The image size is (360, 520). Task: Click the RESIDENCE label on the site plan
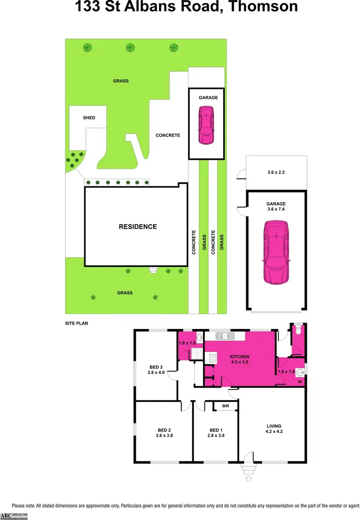click(x=138, y=227)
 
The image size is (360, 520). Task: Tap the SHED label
click(x=89, y=118)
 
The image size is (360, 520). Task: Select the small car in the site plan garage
click(x=206, y=125)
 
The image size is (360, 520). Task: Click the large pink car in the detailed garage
click(x=276, y=252)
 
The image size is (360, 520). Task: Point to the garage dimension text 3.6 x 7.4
click(x=276, y=209)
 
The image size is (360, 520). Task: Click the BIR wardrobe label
click(x=226, y=406)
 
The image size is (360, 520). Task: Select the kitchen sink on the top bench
click(x=224, y=336)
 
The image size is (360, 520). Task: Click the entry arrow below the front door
click(x=248, y=478)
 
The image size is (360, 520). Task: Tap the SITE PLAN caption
click(x=76, y=324)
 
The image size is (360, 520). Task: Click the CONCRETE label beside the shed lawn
click(x=168, y=135)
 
